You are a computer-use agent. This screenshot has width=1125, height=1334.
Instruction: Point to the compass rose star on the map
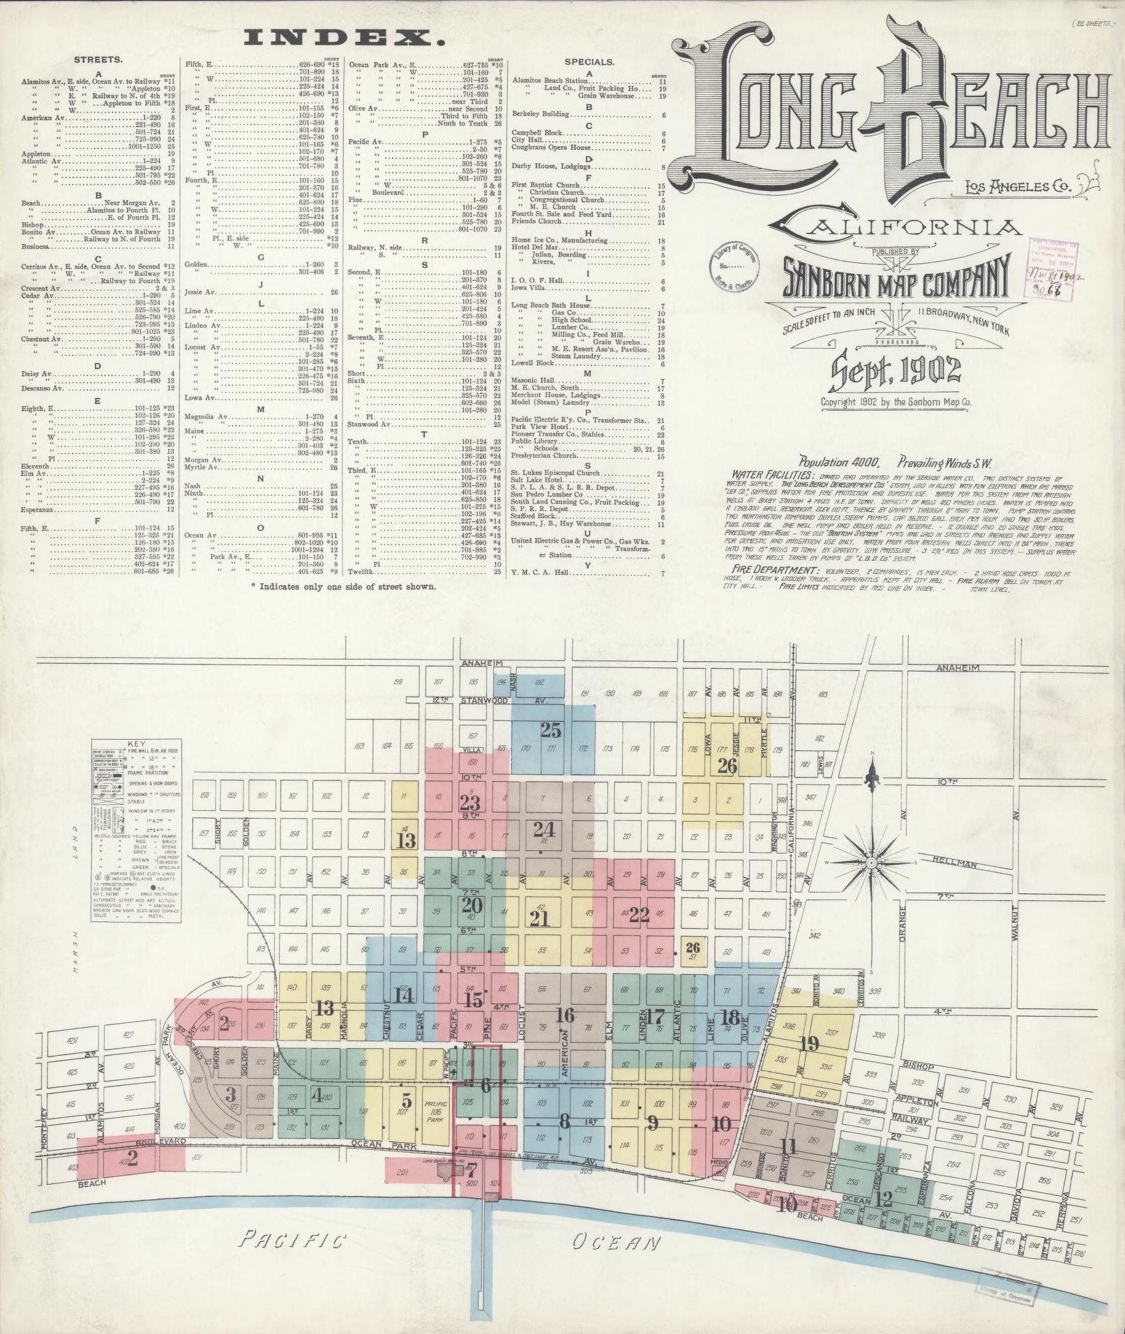tap(871, 863)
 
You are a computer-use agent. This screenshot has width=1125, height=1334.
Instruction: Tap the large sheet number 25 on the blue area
tap(550, 730)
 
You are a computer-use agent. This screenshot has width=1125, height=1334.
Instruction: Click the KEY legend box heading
tap(137, 744)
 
